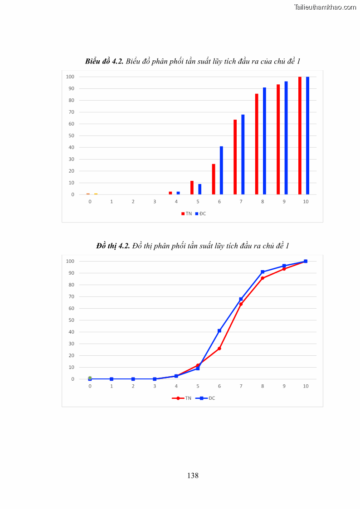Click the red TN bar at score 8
pos(257,144)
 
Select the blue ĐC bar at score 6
pos(221,170)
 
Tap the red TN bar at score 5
pos(192,188)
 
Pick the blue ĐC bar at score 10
pos(307,136)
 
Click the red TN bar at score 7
pos(235,157)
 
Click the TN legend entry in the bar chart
pos(187,213)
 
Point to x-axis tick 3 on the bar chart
pos(155,201)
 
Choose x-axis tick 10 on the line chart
pos(306,386)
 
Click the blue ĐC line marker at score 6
pos(219,331)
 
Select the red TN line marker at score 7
pos(241,304)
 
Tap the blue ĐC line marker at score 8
pos(263,272)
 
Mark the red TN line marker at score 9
pos(284,269)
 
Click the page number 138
pos(193,475)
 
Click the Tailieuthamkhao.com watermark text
pos(325,7)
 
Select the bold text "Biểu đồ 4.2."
pos(104,61)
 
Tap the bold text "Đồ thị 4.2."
pos(113,246)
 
